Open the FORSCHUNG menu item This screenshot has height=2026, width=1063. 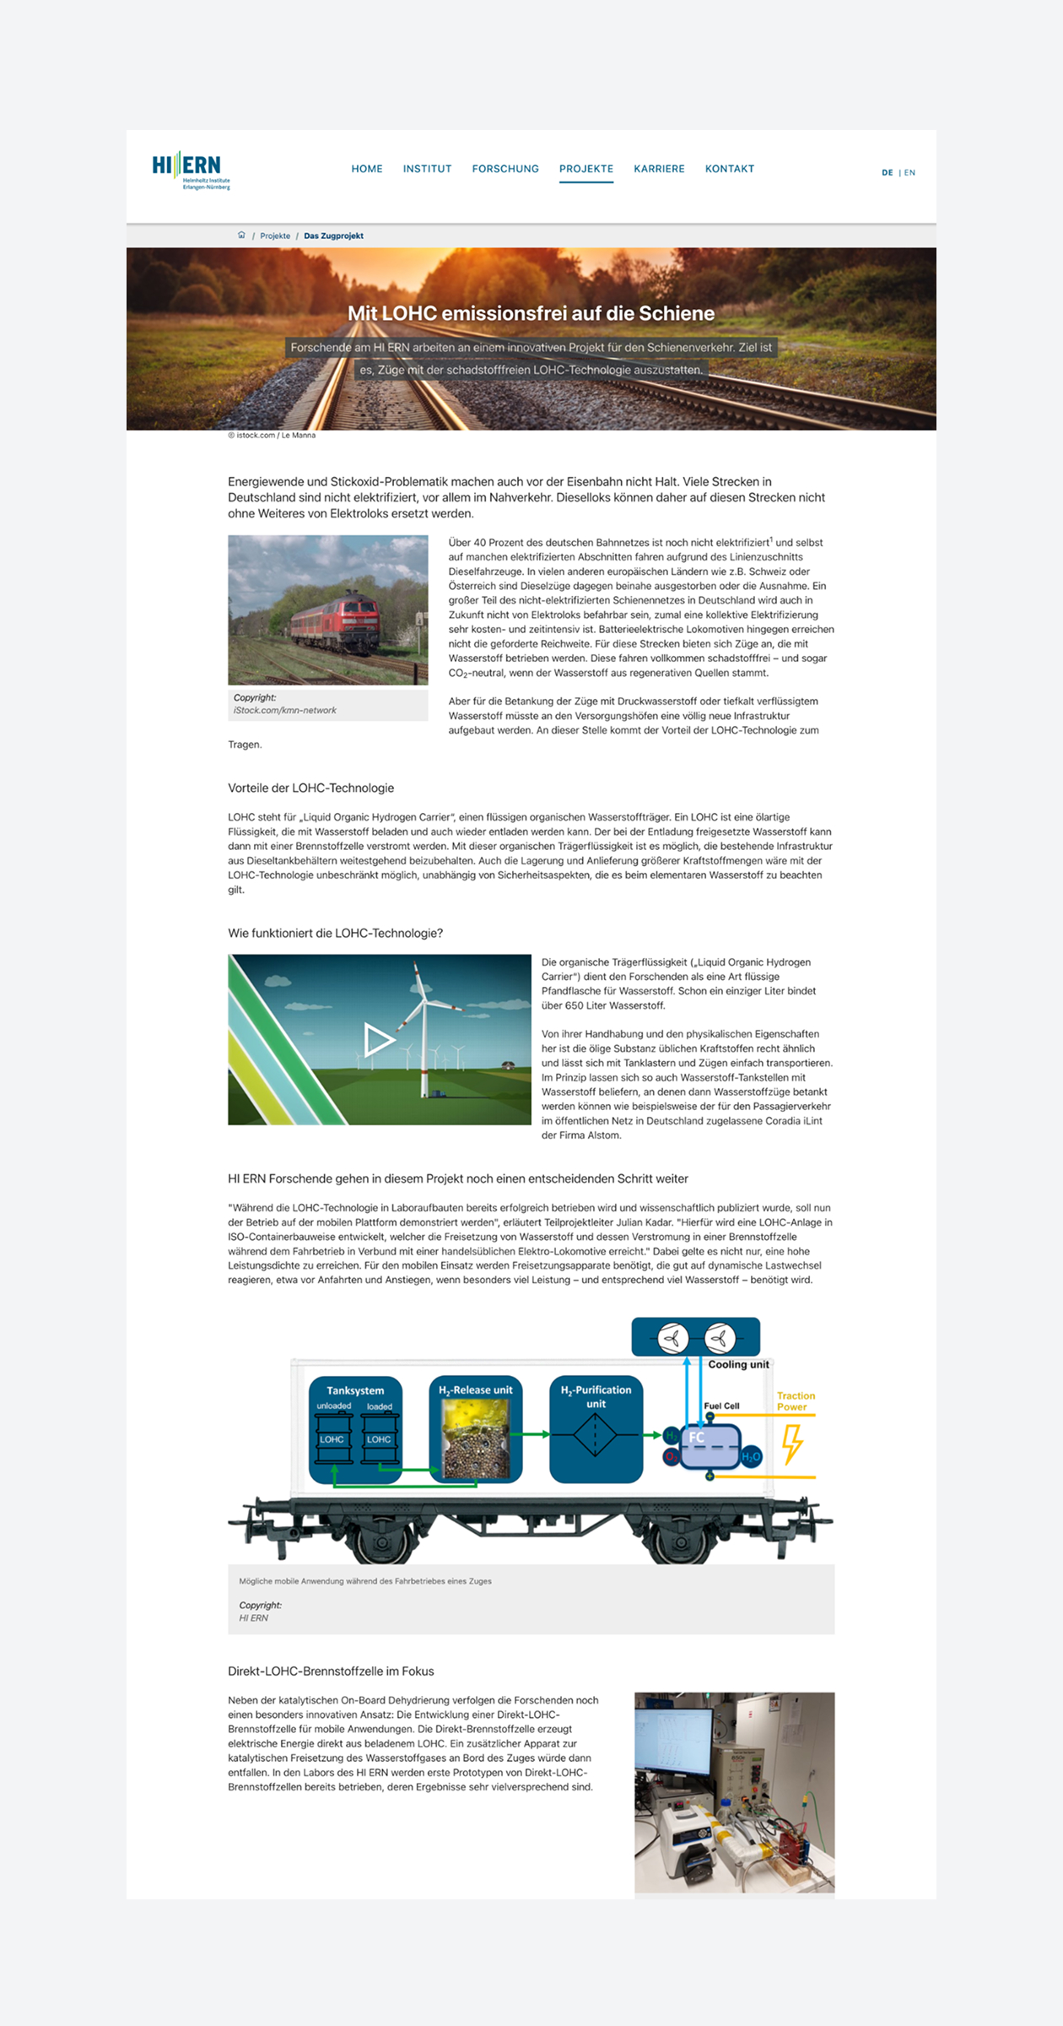coord(505,169)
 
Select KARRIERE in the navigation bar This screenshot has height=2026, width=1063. coord(659,169)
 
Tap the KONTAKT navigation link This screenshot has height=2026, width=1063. coord(730,169)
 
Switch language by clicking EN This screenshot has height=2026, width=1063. coord(909,173)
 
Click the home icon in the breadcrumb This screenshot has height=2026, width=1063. coord(241,236)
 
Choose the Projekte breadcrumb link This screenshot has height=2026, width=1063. coord(275,236)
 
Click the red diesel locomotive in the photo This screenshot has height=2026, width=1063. coord(341,621)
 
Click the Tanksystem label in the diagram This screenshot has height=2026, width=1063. coord(355,1390)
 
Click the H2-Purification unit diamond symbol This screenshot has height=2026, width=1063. coord(595,1434)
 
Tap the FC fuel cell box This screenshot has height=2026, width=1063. coord(709,1444)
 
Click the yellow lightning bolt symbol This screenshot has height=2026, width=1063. coord(792,1444)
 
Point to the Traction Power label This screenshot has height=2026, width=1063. coord(796,1401)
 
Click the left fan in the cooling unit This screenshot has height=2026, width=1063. coord(672,1338)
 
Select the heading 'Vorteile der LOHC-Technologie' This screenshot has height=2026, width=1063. coord(310,788)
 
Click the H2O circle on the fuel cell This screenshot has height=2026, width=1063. coord(751,1457)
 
